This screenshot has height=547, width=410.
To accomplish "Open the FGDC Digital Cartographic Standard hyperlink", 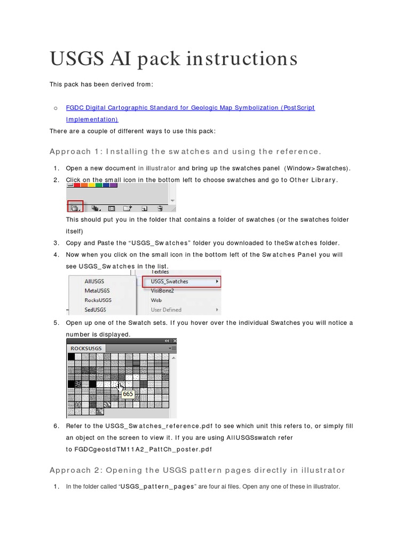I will click(190, 108).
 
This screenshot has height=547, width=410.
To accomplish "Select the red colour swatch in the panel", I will click(77, 185).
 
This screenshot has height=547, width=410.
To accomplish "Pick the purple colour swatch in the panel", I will click(113, 185).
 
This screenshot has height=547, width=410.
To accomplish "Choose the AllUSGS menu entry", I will click(94, 281).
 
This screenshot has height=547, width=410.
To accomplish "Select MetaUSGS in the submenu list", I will click(97, 291).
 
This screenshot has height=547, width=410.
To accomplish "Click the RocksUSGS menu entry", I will click(98, 300).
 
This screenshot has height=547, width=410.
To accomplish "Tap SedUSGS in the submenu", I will click(95, 310).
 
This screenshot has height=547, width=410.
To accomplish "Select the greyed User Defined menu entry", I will click(166, 310).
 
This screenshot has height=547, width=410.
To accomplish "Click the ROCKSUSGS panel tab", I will click(86, 348).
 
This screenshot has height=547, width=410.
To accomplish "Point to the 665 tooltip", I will click(128, 394).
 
